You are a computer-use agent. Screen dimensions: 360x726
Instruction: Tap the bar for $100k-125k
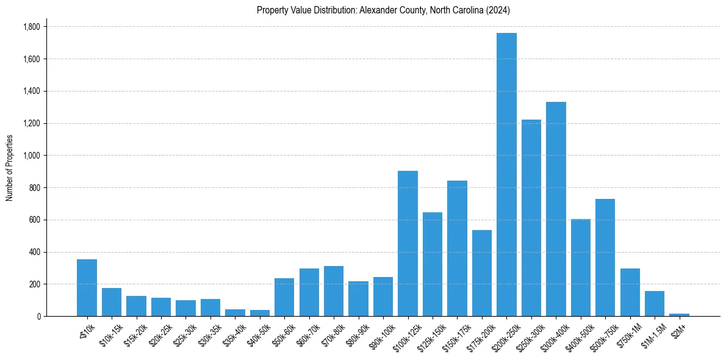(x=408, y=243)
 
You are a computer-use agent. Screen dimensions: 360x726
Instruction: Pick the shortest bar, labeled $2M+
(x=679, y=314)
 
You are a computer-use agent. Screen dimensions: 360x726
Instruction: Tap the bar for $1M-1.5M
(x=655, y=303)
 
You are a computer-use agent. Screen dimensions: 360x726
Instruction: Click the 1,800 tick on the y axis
(x=31, y=27)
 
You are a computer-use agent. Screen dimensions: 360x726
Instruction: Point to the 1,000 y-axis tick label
(x=31, y=156)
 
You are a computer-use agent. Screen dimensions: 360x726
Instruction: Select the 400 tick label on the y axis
(x=35, y=252)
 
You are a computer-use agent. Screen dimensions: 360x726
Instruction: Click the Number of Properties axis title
(x=9, y=168)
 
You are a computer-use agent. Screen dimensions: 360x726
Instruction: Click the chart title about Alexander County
(x=383, y=10)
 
